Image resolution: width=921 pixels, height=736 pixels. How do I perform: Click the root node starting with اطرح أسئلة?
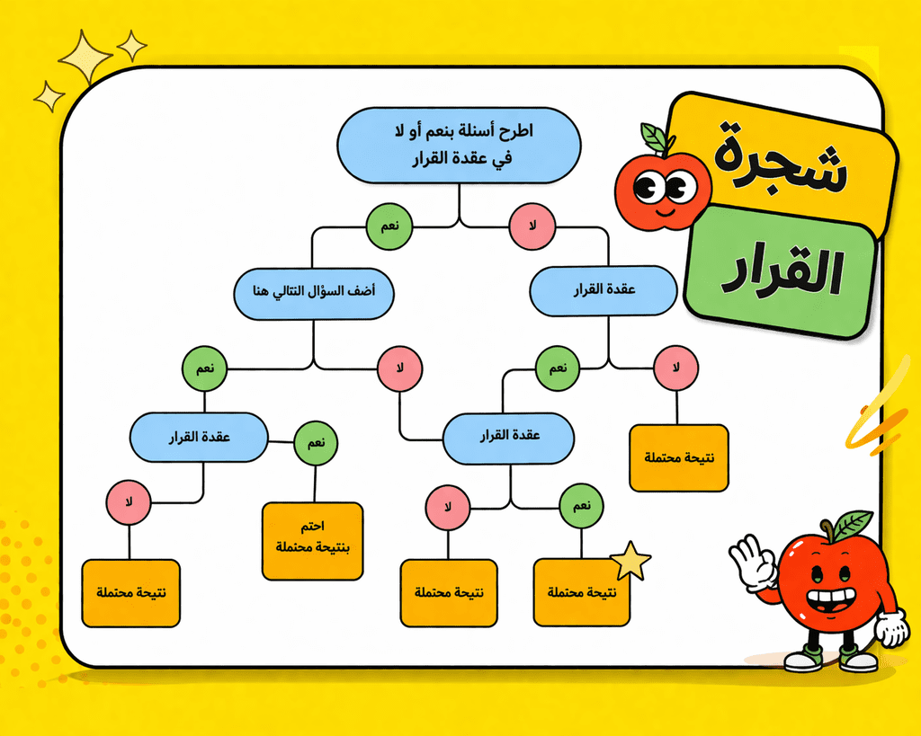click(x=459, y=145)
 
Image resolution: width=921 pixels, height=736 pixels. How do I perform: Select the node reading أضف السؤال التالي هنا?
click(x=314, y=294)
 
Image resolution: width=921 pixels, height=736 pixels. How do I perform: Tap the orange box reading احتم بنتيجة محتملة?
click(x=312, y=541)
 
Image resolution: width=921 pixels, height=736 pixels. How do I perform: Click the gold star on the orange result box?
click(x=630, y=561)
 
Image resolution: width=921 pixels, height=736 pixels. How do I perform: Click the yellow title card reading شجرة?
click(x=782, y=156)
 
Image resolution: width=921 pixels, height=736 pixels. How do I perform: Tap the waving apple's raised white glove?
click(x=752, y=561)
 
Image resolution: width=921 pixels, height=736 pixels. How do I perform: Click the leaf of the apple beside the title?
click(x=655, y=137)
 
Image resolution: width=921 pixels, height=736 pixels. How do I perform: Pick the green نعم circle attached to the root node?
click(x=389, y=226)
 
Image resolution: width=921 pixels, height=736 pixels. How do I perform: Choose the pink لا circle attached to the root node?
click(x=532, y=226)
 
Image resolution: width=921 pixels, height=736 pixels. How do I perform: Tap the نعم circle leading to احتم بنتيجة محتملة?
click(x=316, y=443)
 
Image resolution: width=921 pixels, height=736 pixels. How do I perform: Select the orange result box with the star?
click(x=582, y=593)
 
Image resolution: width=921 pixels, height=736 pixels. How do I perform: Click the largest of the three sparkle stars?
click(x=85, y=57)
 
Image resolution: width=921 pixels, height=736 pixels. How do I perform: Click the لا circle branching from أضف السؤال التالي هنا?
click(x=400, y=368)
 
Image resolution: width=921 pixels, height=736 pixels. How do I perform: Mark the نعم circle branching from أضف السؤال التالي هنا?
click(x=204, y=368)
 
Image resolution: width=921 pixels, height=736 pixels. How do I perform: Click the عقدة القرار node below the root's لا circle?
click(x=604, y=290)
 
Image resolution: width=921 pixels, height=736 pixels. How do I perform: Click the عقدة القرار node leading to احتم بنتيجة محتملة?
click(x=199, y=438)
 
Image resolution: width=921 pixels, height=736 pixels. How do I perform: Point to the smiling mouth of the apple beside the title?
click(x=665, y=210)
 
